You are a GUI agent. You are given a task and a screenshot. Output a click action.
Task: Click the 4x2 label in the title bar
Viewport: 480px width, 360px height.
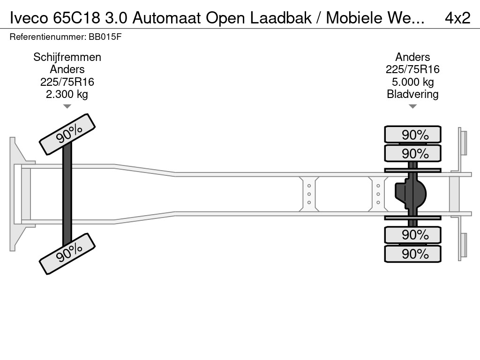(x=457, y=18)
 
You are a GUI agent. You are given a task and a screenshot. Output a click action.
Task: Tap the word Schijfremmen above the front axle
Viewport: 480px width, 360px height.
(x=67, y=57)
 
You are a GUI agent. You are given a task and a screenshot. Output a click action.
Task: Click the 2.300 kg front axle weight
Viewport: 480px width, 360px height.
(x=67, y=94)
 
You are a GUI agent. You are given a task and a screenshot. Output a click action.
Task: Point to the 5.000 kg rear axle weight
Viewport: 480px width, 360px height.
(x=412, y=82)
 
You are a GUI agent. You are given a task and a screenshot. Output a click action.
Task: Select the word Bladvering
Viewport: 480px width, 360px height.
(x=412, y=94)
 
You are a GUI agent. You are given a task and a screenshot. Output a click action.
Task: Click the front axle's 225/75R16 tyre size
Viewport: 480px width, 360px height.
(x=67, y=82)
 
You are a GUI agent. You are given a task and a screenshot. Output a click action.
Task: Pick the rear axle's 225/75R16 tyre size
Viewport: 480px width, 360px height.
(x=412, y=70)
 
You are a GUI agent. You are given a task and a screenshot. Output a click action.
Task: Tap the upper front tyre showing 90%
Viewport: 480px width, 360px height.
(x=67, y=135)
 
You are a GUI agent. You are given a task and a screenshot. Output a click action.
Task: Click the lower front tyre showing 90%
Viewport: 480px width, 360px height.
(x=67, y=254)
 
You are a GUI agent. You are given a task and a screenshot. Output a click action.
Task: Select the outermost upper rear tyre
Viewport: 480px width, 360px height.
(x=412, y=135)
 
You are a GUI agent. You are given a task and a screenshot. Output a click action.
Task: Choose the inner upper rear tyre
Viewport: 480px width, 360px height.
(x=412, y=153)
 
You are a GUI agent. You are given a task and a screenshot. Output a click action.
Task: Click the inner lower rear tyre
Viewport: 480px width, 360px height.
(x=412, y=235)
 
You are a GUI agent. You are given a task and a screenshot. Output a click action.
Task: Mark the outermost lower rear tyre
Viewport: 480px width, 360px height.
(x=412, y=254)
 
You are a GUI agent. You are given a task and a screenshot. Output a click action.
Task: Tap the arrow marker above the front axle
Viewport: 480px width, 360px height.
(x=67, y=106)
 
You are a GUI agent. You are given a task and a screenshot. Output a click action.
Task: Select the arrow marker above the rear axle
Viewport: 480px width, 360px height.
(x=412, y=106)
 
